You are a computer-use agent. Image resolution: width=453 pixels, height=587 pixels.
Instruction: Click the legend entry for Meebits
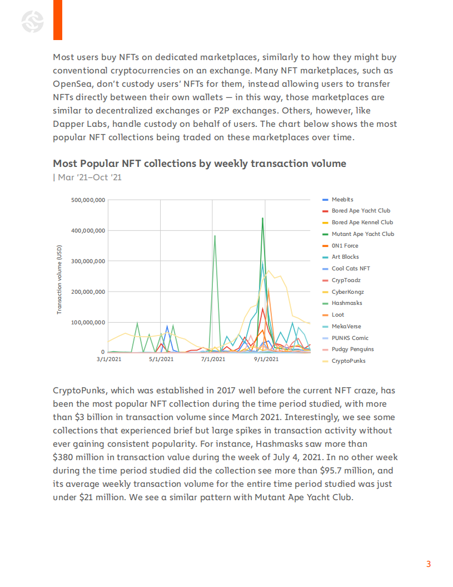(x=342, y=199)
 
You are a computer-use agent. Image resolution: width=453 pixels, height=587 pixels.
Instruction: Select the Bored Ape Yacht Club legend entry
(x=361, y=211)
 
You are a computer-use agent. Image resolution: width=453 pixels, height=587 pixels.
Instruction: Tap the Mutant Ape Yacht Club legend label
(x=362, y=234)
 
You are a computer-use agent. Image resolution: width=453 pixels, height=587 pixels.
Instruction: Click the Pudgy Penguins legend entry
(x=352, y=349)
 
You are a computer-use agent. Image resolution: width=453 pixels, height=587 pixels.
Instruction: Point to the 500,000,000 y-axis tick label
(x=88, y=200)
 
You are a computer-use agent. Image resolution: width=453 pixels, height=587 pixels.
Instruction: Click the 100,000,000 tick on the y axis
(x=88, y=322)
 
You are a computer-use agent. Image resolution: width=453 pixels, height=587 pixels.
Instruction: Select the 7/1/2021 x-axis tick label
(x=212, y=359)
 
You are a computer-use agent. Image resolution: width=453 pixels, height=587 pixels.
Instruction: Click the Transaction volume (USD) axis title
(x=59, y=280)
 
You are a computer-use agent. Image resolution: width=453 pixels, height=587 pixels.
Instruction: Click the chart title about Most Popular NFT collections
(x=200, y=164)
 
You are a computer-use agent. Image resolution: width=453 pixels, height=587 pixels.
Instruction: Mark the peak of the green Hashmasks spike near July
(x=215, y=236)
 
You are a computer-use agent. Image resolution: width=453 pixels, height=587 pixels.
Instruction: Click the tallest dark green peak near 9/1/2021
(x=262, y=218)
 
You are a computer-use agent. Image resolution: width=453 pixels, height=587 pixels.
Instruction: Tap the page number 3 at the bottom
(x=429, y=564)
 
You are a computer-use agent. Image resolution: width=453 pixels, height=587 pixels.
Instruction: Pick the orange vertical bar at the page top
(x=58, y=20)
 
